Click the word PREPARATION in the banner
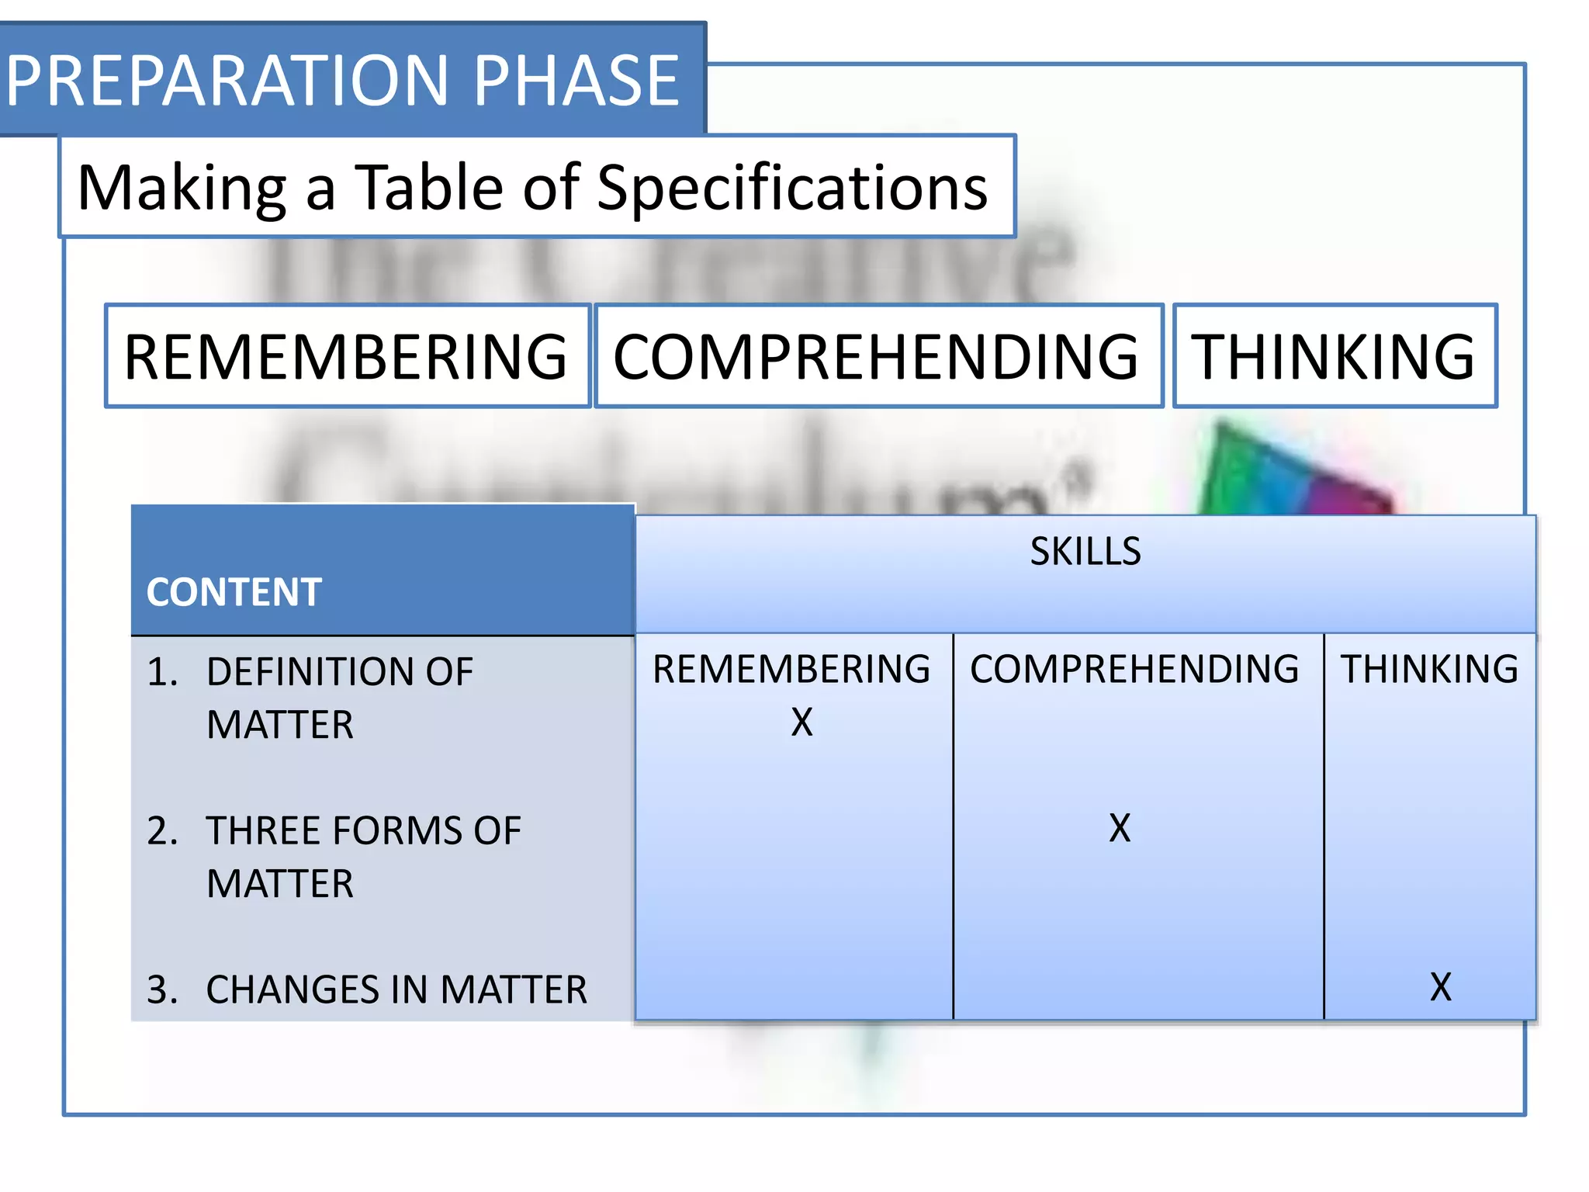227,81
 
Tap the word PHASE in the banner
576,81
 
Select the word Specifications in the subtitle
791,188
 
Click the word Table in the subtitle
428,188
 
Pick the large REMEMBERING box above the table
347,356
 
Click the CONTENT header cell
234,591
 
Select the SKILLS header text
1085,551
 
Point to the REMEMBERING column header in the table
791,669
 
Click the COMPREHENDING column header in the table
1134,669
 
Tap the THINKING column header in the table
1429,669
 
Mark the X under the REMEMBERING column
801,722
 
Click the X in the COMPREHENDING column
1120,828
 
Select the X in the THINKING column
1440,987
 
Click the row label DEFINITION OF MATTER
339,698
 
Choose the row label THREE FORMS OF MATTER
362,857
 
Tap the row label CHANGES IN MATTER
396,989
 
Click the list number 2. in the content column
162,831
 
